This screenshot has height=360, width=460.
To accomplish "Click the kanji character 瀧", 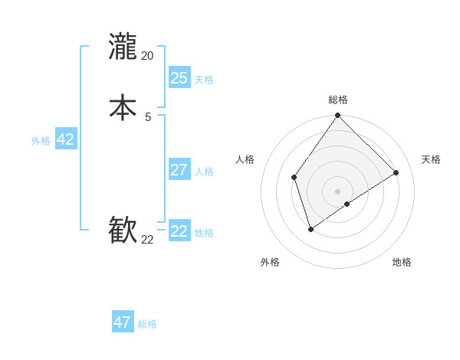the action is (x=123, y=46).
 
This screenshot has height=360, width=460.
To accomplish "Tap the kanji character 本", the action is (x=123, y=107).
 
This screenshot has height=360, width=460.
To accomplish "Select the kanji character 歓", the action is (x=123, y=230).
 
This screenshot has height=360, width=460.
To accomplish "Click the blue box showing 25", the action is (x=179, y=77).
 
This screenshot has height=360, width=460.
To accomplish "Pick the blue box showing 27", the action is (x=179, y=170).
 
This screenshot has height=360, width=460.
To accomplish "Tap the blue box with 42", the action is (x=65, y=139).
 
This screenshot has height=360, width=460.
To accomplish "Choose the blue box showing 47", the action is (x=123, y=322).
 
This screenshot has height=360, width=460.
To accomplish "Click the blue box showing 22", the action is (x=179, y=231).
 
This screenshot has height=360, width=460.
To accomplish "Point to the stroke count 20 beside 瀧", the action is (x=147, y=56).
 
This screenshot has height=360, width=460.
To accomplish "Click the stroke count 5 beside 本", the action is (x=147, y=117).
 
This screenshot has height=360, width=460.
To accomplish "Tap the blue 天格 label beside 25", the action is (x=204, y=80).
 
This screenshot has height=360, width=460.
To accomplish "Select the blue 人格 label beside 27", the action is (x=204, y=172).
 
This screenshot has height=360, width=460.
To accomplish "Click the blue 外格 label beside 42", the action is (x=41, y=141).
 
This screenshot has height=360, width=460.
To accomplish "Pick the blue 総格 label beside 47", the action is (x=147, y=325).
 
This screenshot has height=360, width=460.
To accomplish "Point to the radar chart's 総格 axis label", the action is (x=337, y=100).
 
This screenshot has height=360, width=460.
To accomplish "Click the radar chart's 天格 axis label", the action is (x=431, y=159).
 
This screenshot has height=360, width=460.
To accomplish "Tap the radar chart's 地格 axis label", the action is (x=402, y=262).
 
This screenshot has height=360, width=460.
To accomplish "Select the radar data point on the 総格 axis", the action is (x=337, y=116).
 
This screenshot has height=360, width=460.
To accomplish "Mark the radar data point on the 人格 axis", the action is (x=294, y=178).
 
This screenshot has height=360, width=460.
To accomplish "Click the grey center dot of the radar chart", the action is (x=337, y=191).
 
